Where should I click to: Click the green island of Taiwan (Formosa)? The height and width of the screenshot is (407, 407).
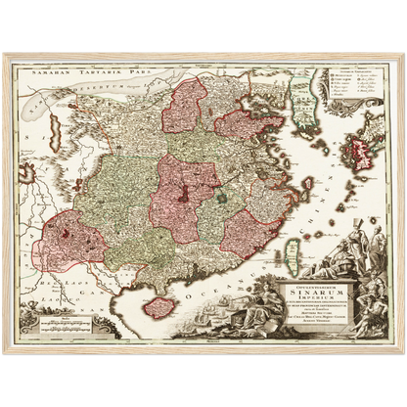coord(294,239)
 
